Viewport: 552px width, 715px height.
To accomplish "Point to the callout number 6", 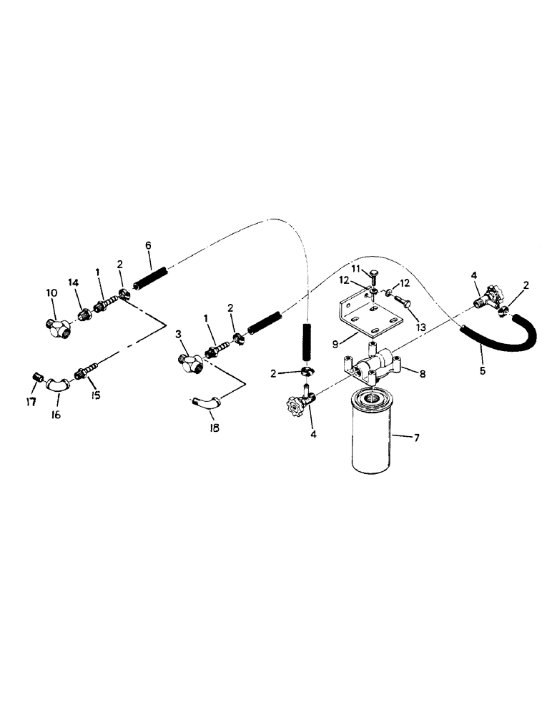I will tap(148, 245).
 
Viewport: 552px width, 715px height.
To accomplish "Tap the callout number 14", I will tap(74, 283).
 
